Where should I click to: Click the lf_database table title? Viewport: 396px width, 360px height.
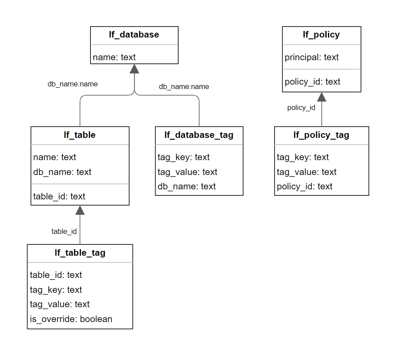(134, 35)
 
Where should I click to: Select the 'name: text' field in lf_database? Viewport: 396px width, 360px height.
(114, 57)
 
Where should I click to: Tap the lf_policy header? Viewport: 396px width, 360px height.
(321, 35)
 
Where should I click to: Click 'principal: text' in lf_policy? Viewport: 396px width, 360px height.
(312, 57)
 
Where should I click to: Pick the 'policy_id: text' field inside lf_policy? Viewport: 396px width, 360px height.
(313, 82)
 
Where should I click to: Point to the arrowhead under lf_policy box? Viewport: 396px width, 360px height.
(322, 97)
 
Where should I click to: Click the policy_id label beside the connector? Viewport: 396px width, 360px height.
(301, 108)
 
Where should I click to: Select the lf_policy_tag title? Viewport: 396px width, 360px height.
(321, 135)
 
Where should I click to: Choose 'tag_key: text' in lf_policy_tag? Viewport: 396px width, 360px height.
(303, 157)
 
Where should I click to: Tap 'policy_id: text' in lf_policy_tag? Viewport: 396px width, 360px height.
(305, 186)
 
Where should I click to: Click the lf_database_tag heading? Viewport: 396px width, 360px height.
(199, 135)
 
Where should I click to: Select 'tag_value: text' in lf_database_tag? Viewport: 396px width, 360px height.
(187, 172)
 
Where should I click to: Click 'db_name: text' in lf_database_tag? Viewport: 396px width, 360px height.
(187, 186)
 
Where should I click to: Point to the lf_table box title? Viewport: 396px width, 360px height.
(80, 135)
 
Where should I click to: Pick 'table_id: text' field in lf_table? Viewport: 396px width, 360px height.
(59, 196)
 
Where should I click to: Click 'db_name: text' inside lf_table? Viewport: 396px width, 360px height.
(62, 172)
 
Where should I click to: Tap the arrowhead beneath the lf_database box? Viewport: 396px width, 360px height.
(134, 69)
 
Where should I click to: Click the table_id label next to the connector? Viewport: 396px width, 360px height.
(64, 231)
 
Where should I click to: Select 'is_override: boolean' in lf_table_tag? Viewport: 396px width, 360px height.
(71, 319)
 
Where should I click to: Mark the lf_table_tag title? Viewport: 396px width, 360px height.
(80, 253)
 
